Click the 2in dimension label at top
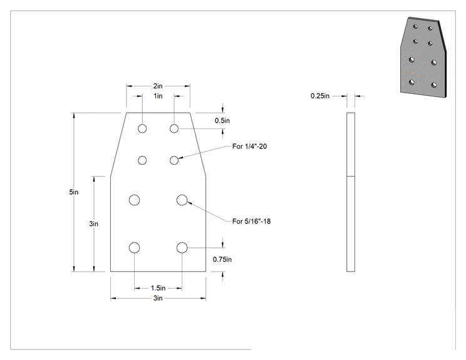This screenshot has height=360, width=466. [158, 86]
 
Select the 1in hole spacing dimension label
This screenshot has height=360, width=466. [158, 96]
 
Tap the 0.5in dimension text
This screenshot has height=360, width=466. [222, 121]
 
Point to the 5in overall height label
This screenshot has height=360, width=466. [74, 192]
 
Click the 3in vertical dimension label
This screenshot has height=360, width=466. [93, 224]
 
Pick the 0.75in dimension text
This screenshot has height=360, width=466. [222, 259]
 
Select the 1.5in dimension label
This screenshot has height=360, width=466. [158, 288]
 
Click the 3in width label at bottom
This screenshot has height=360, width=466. [158, 298]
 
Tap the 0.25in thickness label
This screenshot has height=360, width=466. [320, 96]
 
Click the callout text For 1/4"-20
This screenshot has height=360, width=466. [249, 146]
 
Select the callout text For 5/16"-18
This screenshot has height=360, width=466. [251, 221]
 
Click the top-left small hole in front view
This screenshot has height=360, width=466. [142, 128]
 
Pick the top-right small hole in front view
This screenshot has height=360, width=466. [174, 128]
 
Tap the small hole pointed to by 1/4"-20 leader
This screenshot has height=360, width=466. [174, 160]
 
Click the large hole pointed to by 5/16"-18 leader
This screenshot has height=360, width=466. [182, 200]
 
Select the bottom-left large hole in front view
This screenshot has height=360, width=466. [134, 247]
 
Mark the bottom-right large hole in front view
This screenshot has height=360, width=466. [182, 247]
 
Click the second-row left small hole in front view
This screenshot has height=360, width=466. [142, 160]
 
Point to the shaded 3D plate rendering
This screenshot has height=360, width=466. [423, 58]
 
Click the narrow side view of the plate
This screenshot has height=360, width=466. [351, 192]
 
